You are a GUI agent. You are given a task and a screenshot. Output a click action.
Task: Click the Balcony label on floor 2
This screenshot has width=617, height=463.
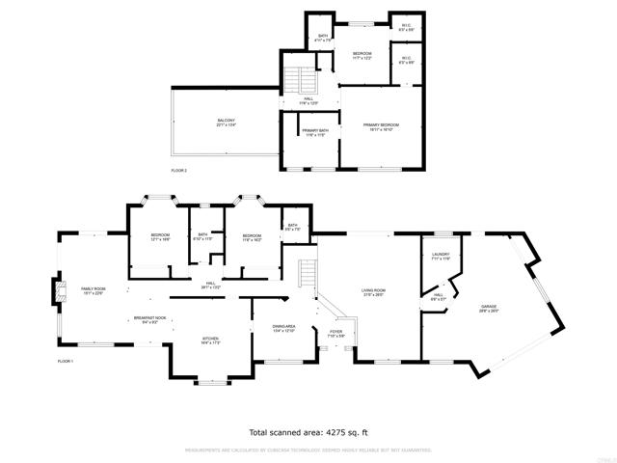tap(226, 123)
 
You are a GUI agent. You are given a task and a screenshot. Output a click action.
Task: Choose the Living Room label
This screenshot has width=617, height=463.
tap(373, 292)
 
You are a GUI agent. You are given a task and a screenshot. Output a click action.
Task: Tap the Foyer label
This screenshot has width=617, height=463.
tap(335, 333)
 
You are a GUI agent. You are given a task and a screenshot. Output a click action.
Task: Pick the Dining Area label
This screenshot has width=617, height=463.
tap(282, 328)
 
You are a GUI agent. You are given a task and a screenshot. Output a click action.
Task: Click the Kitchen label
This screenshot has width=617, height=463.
tap(211, 340)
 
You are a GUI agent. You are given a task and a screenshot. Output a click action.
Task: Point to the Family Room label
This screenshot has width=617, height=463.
tap(94, 292)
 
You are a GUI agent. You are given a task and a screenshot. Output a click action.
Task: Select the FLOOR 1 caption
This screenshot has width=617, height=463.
tap(66, 361)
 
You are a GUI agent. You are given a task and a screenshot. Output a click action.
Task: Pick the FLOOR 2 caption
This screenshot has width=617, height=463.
tap(180, 170)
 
